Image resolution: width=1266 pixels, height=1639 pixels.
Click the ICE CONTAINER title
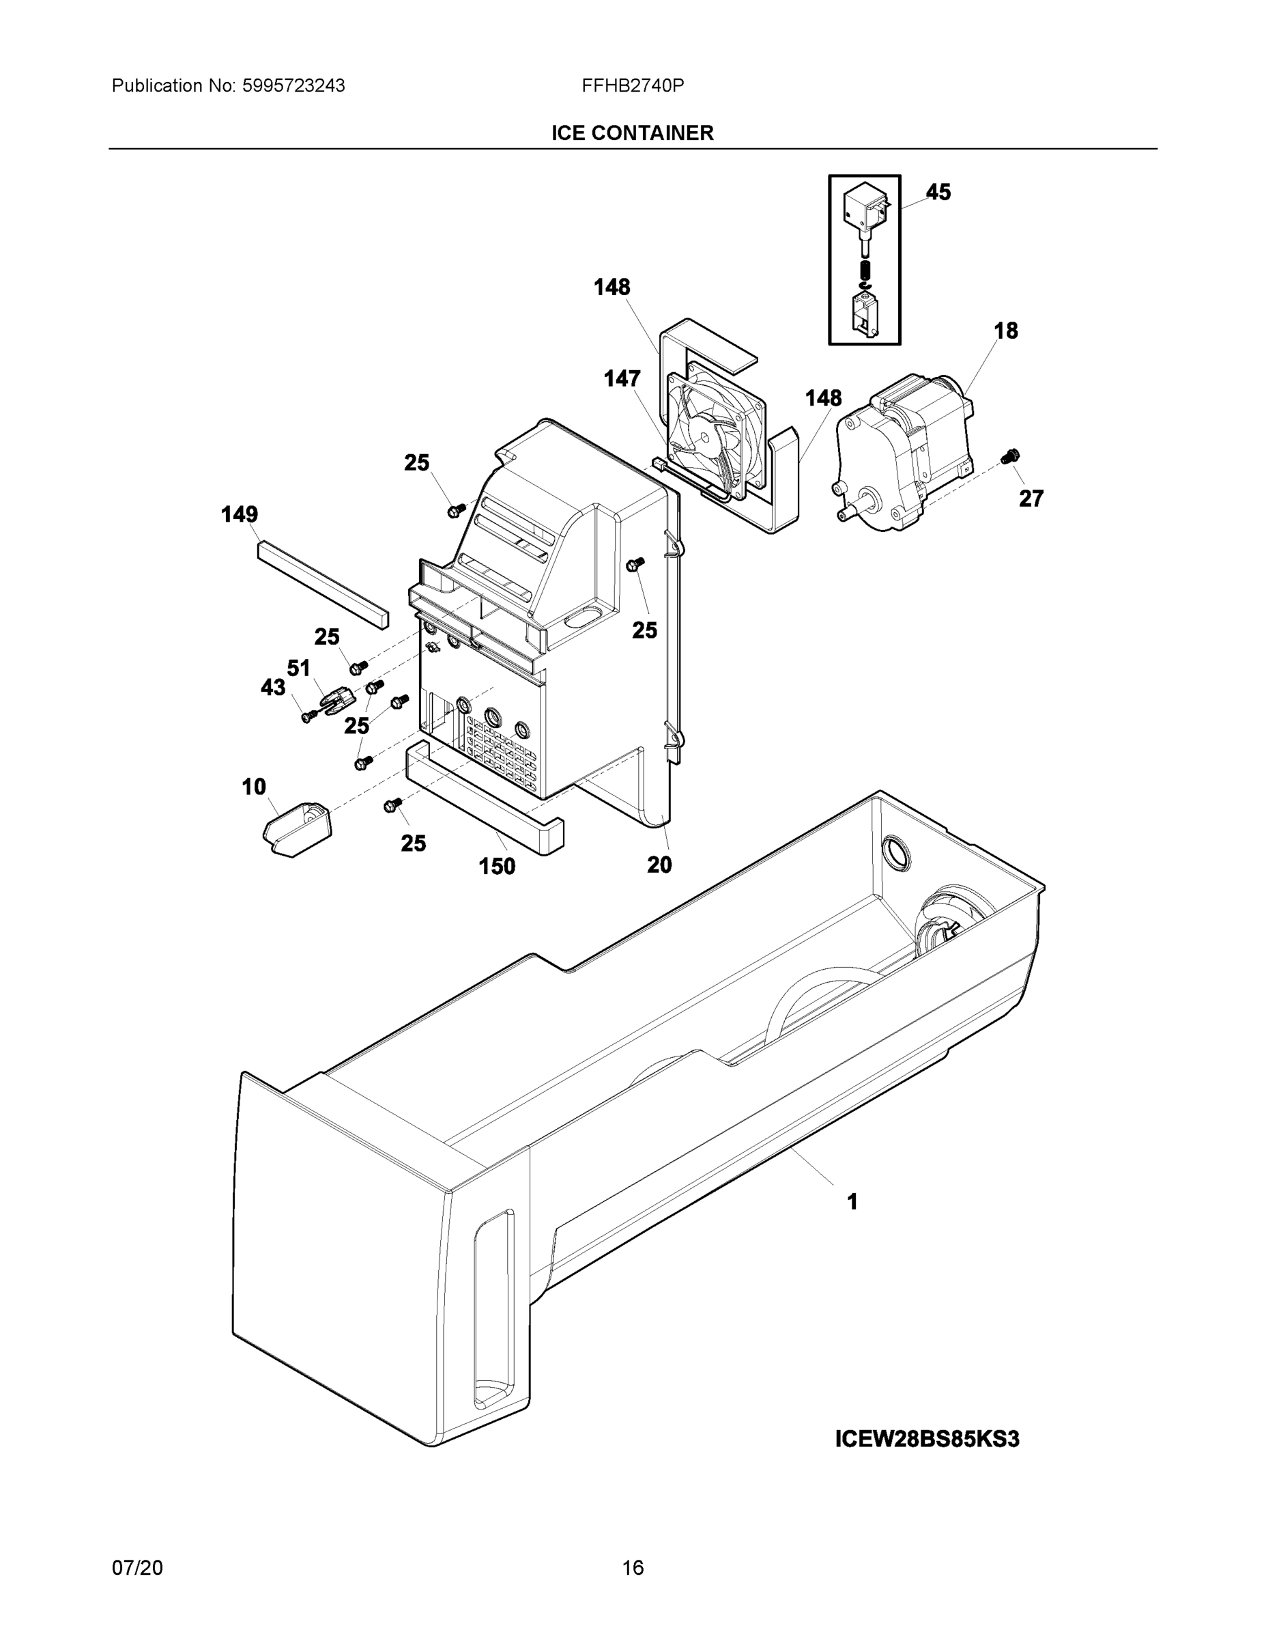click(632, 133)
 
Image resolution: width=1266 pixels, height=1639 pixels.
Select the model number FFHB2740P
click(632, 85)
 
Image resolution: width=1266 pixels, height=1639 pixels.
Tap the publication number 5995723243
click(293, 85)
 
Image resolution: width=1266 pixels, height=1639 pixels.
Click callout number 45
click(938, 192)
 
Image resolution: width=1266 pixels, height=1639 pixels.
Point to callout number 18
click(1005, 331)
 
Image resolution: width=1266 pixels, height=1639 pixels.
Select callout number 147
click(622, 379)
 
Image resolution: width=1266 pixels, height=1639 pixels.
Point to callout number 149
click(240, 514)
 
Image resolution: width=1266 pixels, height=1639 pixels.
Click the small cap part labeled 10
click(298, 828)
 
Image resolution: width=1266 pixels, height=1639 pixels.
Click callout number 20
click(659, 865)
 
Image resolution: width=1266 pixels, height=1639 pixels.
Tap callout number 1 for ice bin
click(852, 1201)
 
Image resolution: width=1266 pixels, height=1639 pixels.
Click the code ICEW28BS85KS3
click(927, 1439)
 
